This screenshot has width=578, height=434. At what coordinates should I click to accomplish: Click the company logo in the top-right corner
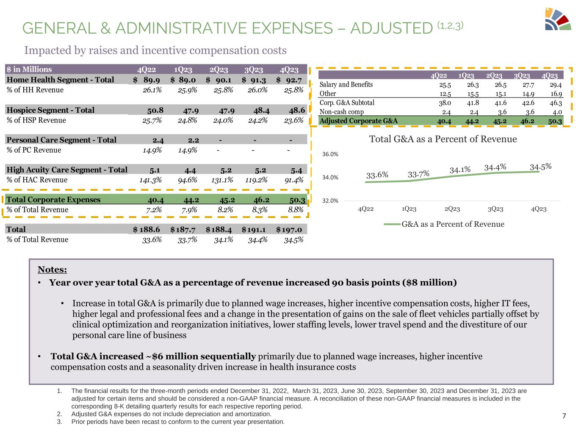[x=558, y=19]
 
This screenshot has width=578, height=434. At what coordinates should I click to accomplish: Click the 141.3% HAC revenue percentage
[x=151, y=180]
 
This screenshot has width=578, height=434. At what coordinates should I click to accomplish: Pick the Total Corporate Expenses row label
[x=54, y=200]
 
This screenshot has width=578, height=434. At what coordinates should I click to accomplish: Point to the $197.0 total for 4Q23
[x=290, y=230]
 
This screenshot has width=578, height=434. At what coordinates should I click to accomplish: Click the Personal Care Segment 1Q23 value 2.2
[x=193, y=140]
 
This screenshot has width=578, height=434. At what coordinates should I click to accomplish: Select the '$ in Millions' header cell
[x=29, y=70]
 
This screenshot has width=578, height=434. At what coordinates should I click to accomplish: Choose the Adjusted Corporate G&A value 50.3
[x=555, y=121]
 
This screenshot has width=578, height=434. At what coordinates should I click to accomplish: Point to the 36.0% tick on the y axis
[x=331, y=154]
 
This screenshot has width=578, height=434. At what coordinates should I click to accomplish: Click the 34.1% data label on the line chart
[x=460, y=170]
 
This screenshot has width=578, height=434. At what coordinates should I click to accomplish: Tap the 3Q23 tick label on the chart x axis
[x=495, y=209]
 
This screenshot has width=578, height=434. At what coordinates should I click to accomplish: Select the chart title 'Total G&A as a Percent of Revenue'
[x=443, y=139]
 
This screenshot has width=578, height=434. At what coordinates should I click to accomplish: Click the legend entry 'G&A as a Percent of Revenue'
[x=453, y=224]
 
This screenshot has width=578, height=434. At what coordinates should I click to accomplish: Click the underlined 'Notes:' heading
[x=52, y=270]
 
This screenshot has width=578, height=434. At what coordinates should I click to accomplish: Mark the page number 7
[x=564, y=416]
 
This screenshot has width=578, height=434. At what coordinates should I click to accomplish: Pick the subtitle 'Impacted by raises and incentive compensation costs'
[x=155, y=50]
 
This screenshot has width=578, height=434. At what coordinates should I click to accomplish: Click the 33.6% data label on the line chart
[x=377, y=175]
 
